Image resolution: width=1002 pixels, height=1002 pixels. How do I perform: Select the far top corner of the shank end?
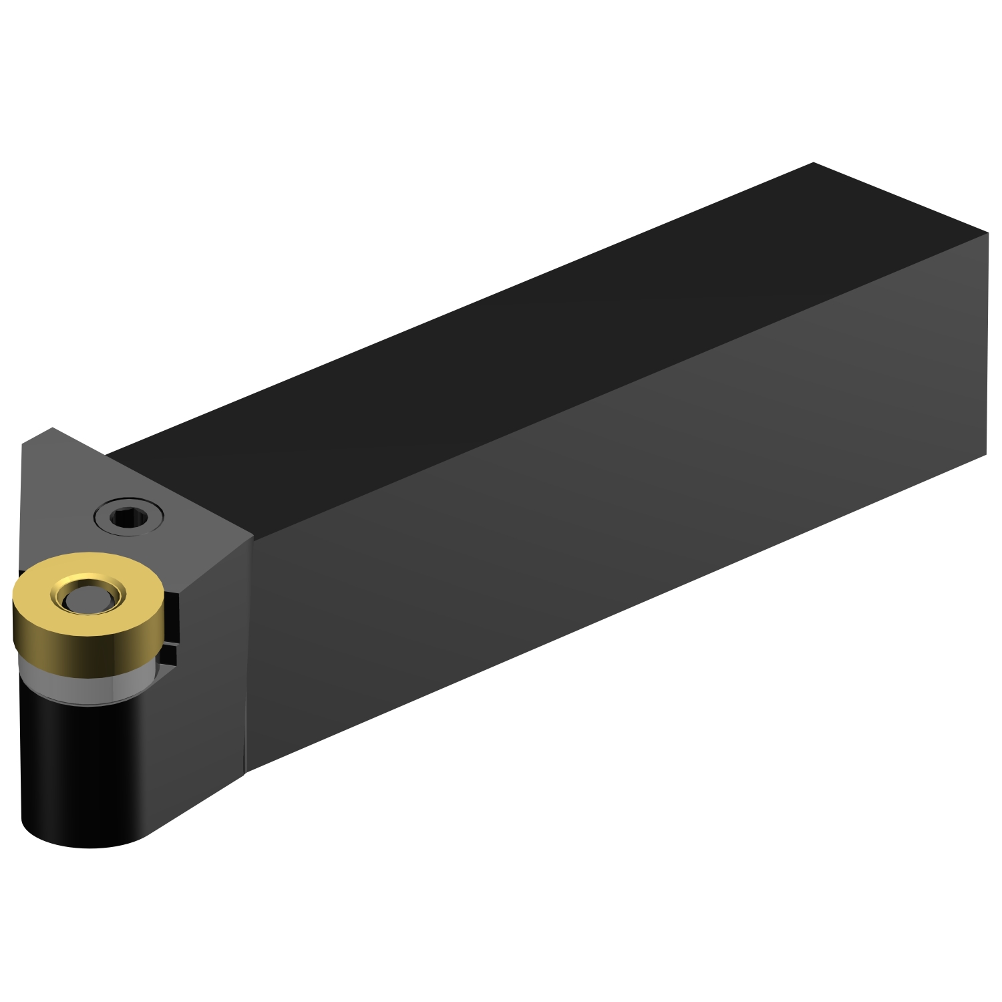coord(814,162)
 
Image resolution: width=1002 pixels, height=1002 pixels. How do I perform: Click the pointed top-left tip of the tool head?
coord(52,428)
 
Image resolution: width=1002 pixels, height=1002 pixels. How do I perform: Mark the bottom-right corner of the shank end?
coord(986,456)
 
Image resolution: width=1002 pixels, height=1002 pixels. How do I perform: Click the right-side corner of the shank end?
coord(987,233)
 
